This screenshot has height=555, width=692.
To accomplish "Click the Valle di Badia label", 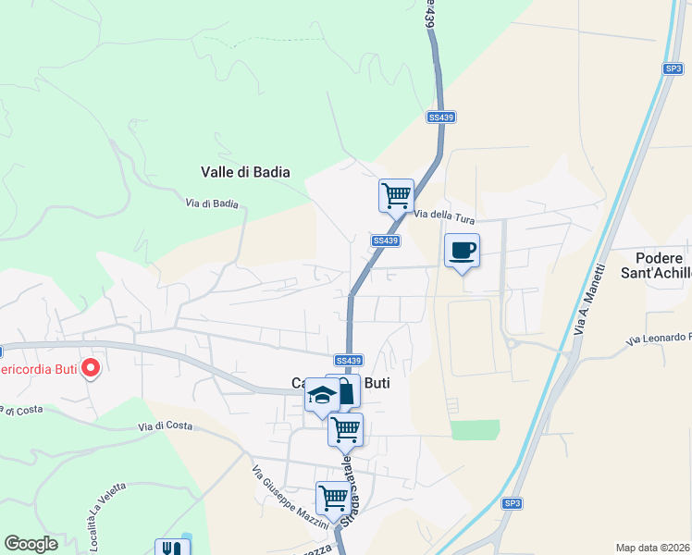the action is point(245,172).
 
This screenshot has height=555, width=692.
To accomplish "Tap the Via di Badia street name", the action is point(212,203).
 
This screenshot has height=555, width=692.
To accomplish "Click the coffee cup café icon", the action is point(463,250).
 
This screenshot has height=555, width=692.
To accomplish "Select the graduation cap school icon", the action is point(321,396).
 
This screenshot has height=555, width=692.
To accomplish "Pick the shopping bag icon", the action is point(344,390).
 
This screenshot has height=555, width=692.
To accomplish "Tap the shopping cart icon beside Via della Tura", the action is point(396,196).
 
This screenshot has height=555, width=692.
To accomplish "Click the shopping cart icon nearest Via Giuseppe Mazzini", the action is point(333,498).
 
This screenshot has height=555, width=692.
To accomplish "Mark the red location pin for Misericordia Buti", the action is point(91,368).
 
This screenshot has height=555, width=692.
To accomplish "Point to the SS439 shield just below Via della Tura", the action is point(387,240).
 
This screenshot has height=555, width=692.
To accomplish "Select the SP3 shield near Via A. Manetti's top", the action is point(673,68).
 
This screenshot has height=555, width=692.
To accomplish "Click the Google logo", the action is point(31,544).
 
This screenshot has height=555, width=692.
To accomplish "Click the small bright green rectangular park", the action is point(476,429).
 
